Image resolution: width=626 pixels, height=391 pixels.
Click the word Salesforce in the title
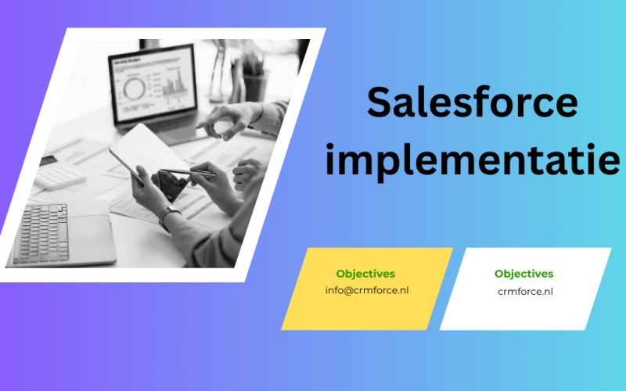click(x=473, y=102)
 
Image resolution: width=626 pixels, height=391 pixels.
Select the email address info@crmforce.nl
click(x=366, y=291)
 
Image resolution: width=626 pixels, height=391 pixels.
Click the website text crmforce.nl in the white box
click(x=524, y=291)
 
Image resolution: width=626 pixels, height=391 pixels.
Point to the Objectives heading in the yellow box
click(x=365, y=274)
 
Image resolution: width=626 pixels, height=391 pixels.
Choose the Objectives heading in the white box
click(x=524, y=274)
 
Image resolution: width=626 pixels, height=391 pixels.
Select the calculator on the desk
click(x=59, y=176)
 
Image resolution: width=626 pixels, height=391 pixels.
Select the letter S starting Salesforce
click(x=380, y=102)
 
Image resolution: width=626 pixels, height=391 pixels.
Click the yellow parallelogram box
click(x=366, y=288)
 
